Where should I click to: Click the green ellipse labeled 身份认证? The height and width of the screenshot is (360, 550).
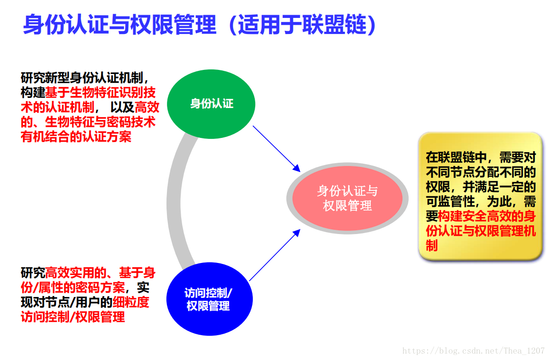211,104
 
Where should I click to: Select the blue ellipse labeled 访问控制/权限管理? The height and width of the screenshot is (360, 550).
209,299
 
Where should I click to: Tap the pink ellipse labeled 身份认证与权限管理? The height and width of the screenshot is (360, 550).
347,198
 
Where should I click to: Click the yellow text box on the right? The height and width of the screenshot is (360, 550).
480,196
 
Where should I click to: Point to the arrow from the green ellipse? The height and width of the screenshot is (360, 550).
276,149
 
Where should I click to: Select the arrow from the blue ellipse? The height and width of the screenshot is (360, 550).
275,255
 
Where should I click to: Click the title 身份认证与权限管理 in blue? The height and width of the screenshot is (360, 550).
120,24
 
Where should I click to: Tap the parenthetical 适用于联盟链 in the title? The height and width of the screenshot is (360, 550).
302,24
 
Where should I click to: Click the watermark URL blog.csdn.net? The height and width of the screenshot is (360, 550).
473,351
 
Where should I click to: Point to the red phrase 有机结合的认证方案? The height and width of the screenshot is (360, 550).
76,137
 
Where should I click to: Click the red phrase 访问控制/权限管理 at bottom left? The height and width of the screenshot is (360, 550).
73,317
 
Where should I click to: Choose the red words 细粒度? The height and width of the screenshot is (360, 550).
131,302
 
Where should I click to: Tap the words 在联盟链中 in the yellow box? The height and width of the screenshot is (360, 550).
456,157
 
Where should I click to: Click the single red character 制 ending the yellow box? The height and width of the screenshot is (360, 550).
432,246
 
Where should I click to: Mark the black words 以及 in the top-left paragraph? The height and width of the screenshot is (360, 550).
122,107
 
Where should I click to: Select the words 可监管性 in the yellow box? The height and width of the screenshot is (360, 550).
450,201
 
